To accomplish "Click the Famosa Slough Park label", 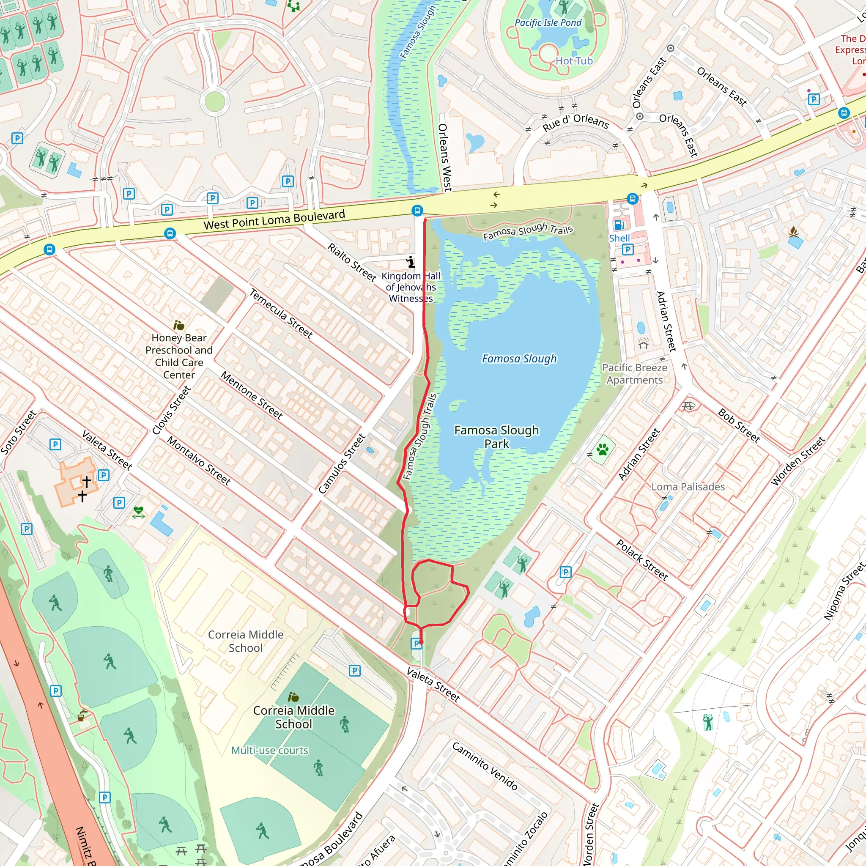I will [x=497, y=436].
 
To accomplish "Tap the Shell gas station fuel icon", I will [x=619, y=225].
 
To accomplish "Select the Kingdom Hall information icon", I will [x=411, y=261].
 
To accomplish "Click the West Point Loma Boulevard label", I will [x=274, y=219].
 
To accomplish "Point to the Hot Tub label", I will [x=574, y=61].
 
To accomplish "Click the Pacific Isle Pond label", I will [x=548, y=23].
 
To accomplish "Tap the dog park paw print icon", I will [x=603, y=449].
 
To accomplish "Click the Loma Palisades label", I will [x=688, y=487].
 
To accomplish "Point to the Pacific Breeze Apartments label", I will [x=634, y=374].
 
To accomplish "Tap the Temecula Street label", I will [x=281, y=313].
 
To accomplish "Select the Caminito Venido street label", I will [x=485, y=767].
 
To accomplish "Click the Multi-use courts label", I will [x=270, y=751].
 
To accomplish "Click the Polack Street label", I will [x=642, y=560].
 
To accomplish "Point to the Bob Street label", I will [x=739, y=425].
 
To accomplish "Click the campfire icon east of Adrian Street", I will [x=793, y=232].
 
